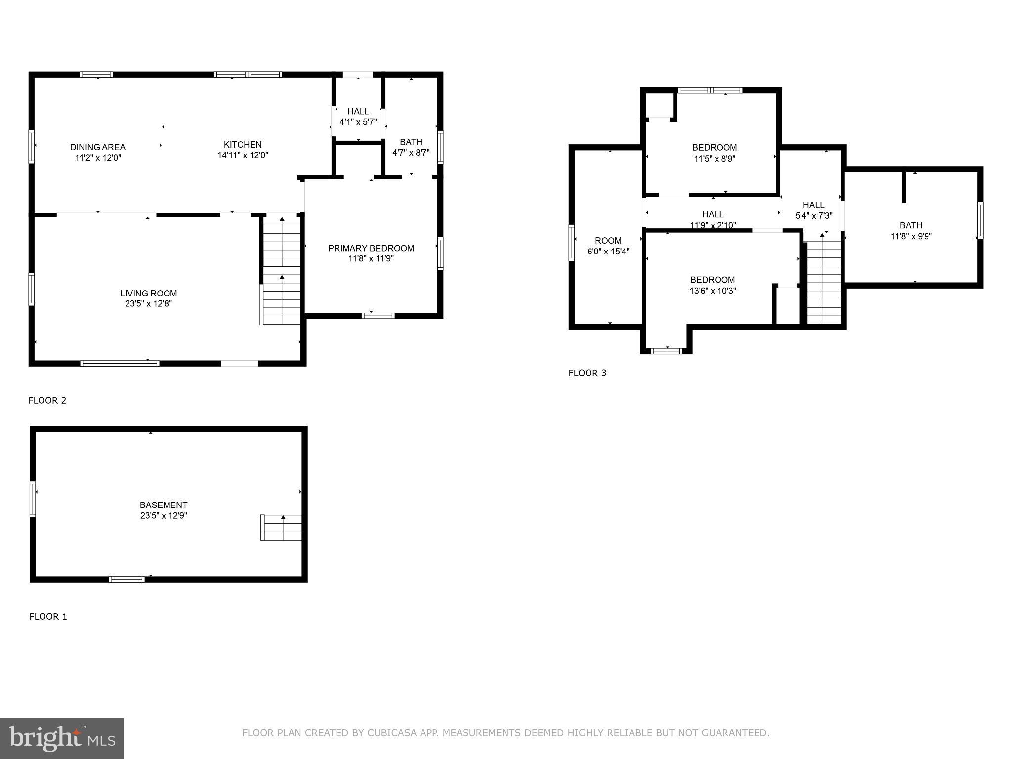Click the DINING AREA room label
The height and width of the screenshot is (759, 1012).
[x=97, y=147]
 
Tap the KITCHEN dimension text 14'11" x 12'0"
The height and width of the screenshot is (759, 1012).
[x=243, y=155]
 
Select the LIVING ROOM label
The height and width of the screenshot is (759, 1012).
[x=148, y=293]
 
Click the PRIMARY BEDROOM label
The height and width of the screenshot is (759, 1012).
[x=371, y=248]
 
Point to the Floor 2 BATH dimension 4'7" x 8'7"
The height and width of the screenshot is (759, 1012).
[x=411, y=153]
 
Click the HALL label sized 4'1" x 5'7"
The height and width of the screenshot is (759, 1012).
[x=358, y=112]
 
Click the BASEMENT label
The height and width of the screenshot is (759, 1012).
[x=164, y=505]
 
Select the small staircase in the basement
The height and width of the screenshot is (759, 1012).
[x=282, y=527]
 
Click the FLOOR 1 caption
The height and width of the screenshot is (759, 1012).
[x=48, y=616]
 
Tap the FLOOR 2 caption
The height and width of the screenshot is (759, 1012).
[x=47, y=400]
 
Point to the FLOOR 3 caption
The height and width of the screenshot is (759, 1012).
[x=587, y=373]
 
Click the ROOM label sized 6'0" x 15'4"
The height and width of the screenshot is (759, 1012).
[x=608, y=241]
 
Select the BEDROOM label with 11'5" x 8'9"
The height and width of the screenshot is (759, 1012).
[x=714, y=147]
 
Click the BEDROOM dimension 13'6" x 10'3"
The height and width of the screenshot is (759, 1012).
[x=713, y=291]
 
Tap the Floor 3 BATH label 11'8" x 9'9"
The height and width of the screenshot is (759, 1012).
[x=911, y=225]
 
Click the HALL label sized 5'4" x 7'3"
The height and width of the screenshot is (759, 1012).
[x=813, y=205]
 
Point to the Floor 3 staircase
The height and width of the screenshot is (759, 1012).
[x=824, y=279]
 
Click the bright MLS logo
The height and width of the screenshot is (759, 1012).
[x=61, y=739]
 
